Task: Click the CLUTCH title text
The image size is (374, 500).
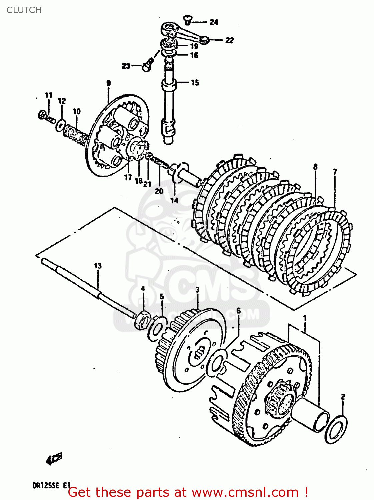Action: pos(24,10)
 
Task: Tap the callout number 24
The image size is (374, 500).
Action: pos(214,22)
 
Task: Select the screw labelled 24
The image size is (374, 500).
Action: pos(188,19)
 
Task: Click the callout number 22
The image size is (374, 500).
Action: pos(229,40)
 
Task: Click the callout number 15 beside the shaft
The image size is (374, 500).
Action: pos(195,82)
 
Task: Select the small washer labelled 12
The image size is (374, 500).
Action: pos(60,124)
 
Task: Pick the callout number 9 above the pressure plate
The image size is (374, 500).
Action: pos(108,83)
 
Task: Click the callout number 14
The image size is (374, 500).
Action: pos(174,200)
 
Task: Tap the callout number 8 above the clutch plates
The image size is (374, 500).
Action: pos(315,166)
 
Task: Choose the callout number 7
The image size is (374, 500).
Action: pos(335,172)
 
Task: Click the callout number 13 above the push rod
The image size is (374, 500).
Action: pos(97,266)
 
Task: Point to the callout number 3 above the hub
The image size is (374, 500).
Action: pos(197,290)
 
